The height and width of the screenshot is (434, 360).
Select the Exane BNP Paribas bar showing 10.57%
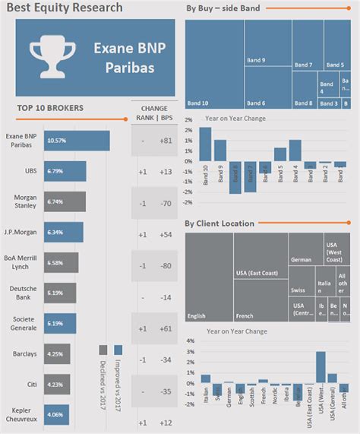click(76, 141)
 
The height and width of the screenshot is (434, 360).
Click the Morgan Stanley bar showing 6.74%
click(65, 201)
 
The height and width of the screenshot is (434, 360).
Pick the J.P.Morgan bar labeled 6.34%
click(63, 232)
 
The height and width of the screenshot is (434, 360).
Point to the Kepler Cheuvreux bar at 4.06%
click(56, 415)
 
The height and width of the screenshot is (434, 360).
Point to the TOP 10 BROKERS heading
click(49, 108)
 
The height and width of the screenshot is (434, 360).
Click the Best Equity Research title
click(63, 8)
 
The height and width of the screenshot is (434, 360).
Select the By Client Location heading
click(219, 223)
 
